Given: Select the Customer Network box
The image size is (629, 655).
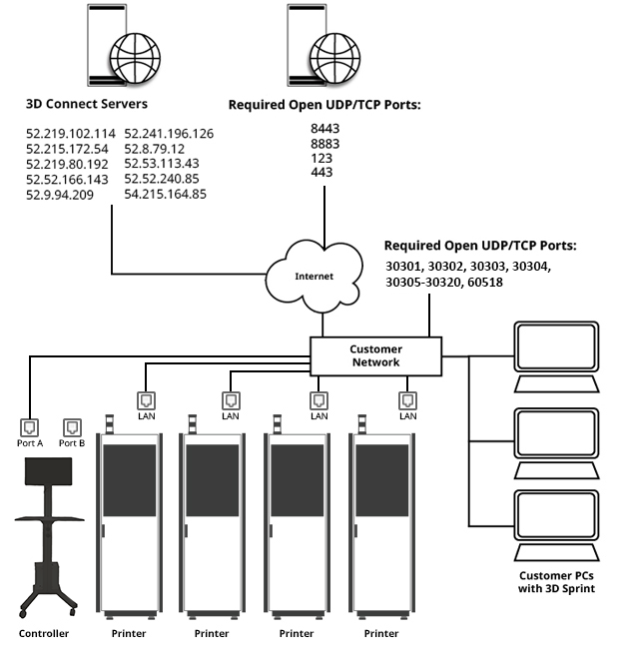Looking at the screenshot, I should [374, 355].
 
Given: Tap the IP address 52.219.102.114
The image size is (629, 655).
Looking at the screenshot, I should [70, 133].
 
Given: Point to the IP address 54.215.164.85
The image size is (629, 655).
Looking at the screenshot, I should [165, 195].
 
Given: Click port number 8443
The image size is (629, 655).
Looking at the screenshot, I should [325, 128].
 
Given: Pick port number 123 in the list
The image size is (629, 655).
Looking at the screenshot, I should [320, 158].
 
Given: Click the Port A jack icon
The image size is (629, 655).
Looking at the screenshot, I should [31, 426].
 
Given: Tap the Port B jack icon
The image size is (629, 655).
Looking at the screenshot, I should [71, 426].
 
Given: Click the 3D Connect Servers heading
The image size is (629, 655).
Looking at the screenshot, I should [87, 103].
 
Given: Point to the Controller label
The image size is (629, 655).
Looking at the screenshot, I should [44, 634].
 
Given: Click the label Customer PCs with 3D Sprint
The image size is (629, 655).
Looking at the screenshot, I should [558, 582].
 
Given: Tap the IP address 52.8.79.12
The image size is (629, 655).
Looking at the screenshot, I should [154, 149].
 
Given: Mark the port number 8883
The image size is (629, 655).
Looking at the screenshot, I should [325, 143].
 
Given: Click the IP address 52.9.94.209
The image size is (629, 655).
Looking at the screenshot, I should [59, 195].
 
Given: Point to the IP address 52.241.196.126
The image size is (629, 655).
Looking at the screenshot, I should [169, 133].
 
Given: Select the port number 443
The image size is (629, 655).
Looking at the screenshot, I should [320, 172].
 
